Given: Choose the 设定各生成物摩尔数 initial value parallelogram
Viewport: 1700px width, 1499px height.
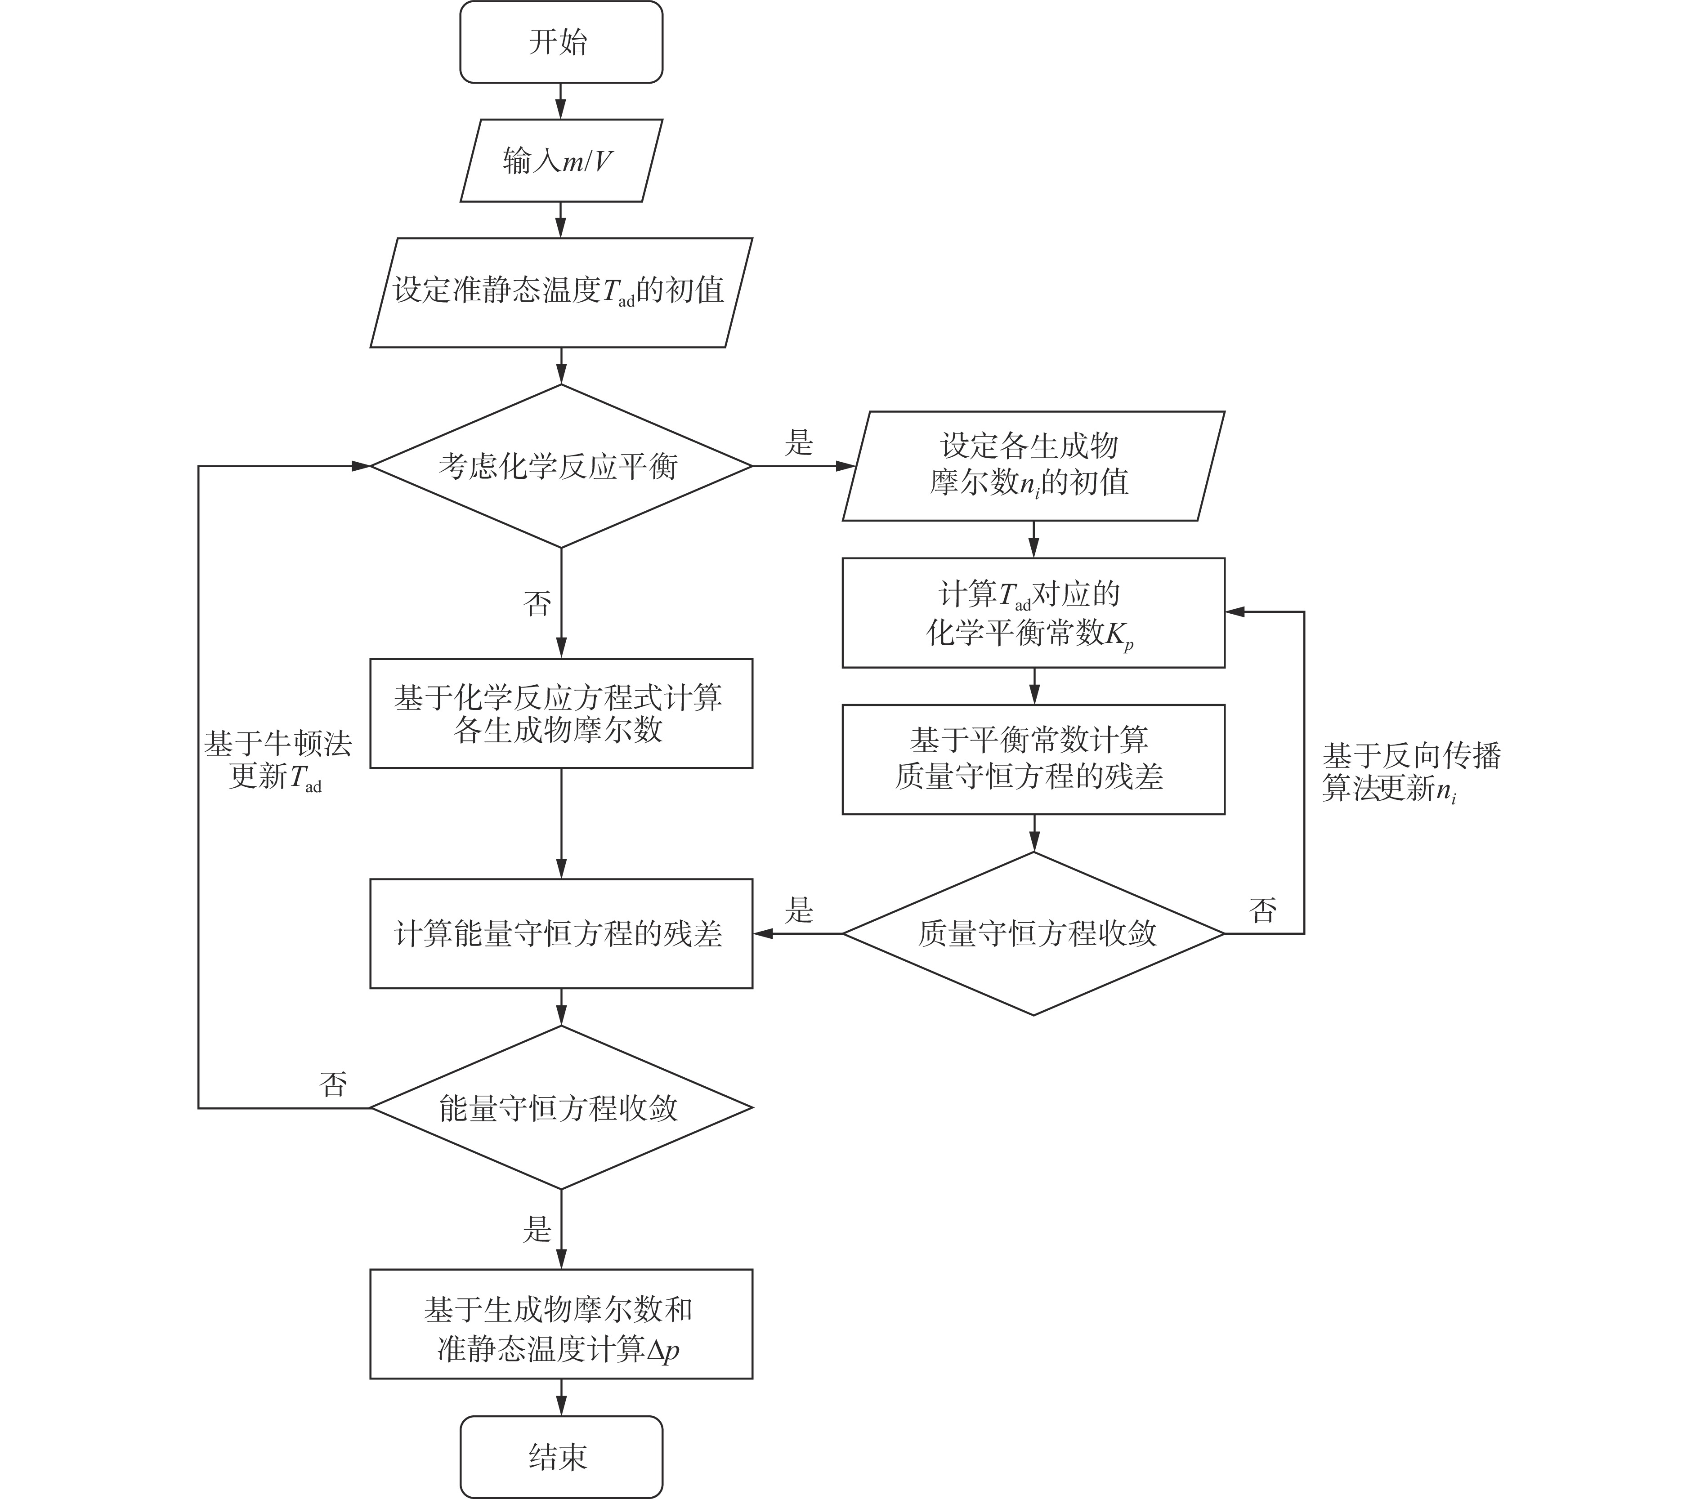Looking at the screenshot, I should (1033, 466).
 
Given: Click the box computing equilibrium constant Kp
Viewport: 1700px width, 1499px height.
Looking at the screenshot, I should (1033, 613).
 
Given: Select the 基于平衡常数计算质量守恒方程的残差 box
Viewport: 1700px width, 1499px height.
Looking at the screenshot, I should (1033, 759).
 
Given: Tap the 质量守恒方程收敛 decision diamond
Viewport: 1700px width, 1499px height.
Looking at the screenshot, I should (1033, 934).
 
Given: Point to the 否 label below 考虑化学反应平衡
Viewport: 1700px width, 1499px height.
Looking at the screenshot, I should (537, 603).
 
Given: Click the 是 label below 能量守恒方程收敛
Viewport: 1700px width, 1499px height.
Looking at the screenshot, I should (537, 1229).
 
